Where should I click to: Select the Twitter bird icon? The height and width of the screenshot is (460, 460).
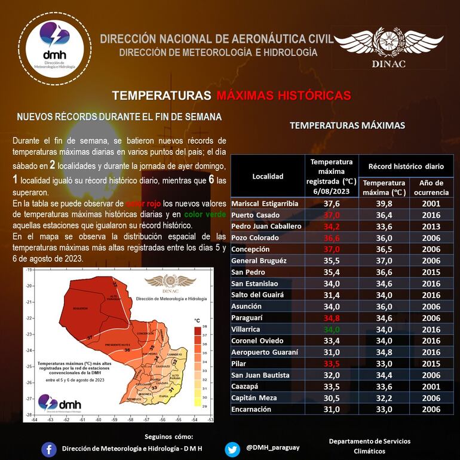(233, 449)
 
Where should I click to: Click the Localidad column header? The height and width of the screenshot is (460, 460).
(268, 176)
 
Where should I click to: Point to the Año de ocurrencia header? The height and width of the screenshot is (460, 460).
(431, 188)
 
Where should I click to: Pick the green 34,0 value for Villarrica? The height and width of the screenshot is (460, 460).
(332, 329)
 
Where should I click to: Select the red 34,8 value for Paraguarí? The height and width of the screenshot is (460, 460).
(332, 318)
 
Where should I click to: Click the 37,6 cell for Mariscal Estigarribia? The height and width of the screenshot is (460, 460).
(332, 203)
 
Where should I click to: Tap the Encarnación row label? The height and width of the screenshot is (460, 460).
(251, 409)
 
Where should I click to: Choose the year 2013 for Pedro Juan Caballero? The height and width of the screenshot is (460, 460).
(431, 226)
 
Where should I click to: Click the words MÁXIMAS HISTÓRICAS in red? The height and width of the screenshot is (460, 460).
(283, 96)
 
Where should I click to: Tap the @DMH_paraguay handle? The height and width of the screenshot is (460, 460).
(273, 447)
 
